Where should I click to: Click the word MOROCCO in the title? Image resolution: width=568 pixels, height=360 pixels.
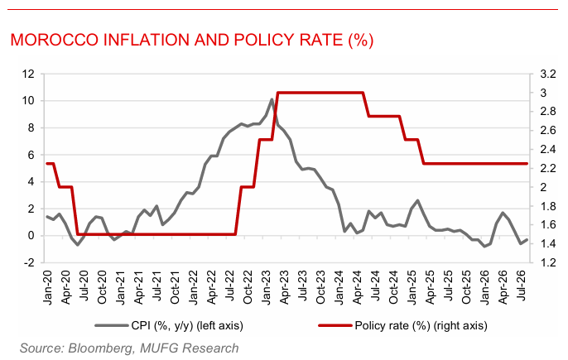55,40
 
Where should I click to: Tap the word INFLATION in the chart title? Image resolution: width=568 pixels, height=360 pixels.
147,40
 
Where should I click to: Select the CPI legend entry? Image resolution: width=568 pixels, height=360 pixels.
169,325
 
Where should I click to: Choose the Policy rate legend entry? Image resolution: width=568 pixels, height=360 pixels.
402,325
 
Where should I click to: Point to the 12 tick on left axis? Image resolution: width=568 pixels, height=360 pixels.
28,74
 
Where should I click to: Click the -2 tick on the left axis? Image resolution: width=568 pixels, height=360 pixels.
29,262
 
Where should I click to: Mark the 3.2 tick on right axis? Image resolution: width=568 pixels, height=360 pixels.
548,74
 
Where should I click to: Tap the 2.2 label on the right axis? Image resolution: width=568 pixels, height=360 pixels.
548,168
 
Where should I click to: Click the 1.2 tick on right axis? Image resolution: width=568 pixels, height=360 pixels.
548,262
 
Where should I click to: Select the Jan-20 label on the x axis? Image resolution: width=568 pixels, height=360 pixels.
47,287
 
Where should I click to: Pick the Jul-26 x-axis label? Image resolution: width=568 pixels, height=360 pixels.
521,286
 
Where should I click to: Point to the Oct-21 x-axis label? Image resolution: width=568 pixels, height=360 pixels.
175,287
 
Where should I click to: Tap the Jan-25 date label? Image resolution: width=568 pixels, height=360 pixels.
412,287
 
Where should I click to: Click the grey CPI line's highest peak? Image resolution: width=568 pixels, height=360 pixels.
272,98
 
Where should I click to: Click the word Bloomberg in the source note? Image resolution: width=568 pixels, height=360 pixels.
100,348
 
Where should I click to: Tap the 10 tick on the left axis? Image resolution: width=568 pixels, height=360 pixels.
28,101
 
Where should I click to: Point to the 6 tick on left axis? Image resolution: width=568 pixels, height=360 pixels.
31,155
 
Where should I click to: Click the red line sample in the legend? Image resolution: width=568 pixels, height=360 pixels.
335,325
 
